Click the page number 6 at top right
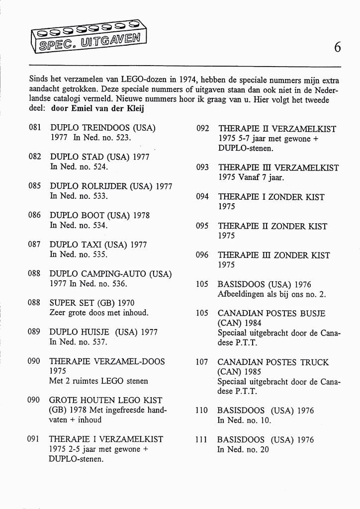(338, 47)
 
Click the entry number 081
(35, 128)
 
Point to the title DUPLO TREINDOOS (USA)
(103, 128)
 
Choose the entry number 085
(35, 186)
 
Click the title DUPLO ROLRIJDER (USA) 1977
(111, 186)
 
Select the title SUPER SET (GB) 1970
(92, 303)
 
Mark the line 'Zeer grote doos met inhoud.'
(99, 313)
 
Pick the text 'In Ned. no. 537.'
(79, 342)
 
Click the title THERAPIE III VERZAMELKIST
(278, 168)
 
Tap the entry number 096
(202, 255)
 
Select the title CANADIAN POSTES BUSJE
(271, 314)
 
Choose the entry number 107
(202, 362)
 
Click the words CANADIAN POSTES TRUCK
(273, 362)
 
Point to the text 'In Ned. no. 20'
(243, 449)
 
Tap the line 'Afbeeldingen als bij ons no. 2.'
(271, 294)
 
